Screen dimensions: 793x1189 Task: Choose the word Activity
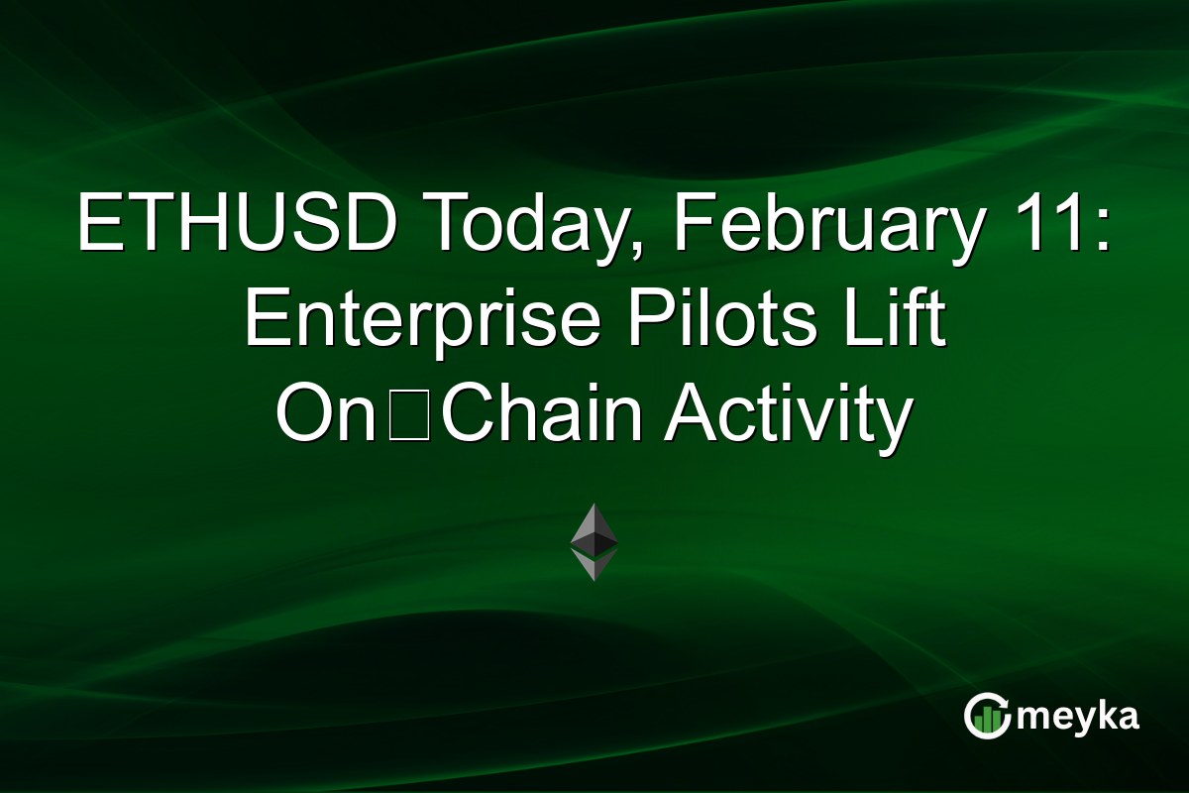click(788, 416)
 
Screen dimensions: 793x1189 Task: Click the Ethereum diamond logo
click(594, 541)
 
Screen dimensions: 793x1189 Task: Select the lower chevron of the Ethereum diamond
click(594, 566)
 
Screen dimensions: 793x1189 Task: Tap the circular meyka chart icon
click(988, 717)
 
